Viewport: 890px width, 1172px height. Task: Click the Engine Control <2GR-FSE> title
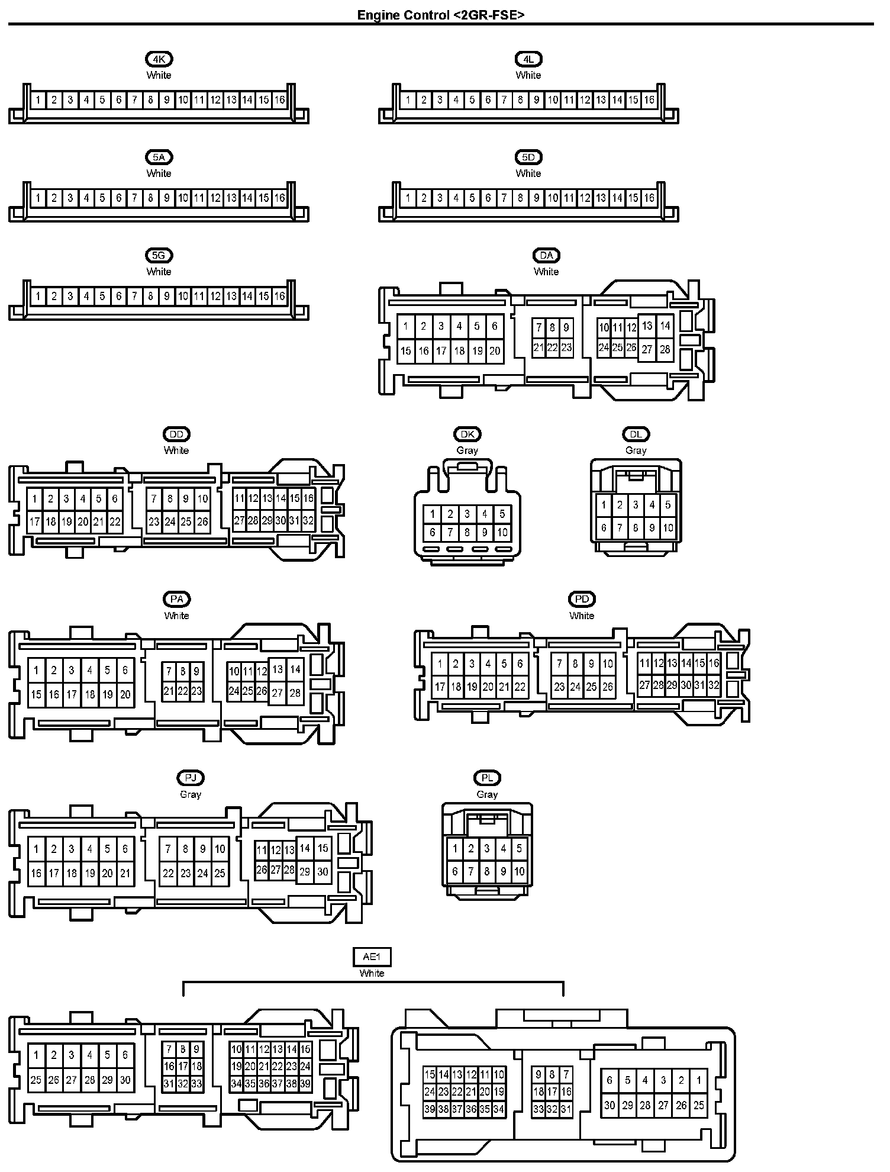(x=440, y=15)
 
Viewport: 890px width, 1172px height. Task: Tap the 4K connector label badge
(x=159, y=59)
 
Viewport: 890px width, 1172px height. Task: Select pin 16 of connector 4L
(x=649, y=100)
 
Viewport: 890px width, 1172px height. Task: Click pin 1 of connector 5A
(x=38, y=198)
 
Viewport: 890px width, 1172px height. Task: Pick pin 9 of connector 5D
(x=537, y=198)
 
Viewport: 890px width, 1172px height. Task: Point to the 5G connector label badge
(x=159, y=256)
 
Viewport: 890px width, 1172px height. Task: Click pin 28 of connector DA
(x=665, y=349)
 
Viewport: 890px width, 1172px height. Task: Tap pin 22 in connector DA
(x=552, y=348)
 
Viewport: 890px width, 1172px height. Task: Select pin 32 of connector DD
(x=308, y=521)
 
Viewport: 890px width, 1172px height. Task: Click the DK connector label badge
(x=467, y=434)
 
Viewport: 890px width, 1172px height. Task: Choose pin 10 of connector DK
(x=502, y=532)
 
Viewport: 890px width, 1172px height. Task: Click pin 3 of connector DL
(x=636, y=505)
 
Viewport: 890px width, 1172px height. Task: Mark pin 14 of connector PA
(x=295, y=670)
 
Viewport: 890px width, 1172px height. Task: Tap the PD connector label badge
(x=582, y=599)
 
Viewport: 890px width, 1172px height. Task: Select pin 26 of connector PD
(x=608, y=687)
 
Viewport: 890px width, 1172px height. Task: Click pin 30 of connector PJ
(x=323, y=871)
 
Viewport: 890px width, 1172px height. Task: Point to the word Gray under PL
(x=487, y=794)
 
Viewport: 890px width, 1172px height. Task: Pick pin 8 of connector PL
(x=487, y=871)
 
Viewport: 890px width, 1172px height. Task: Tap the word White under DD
(x=176, y=450)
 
